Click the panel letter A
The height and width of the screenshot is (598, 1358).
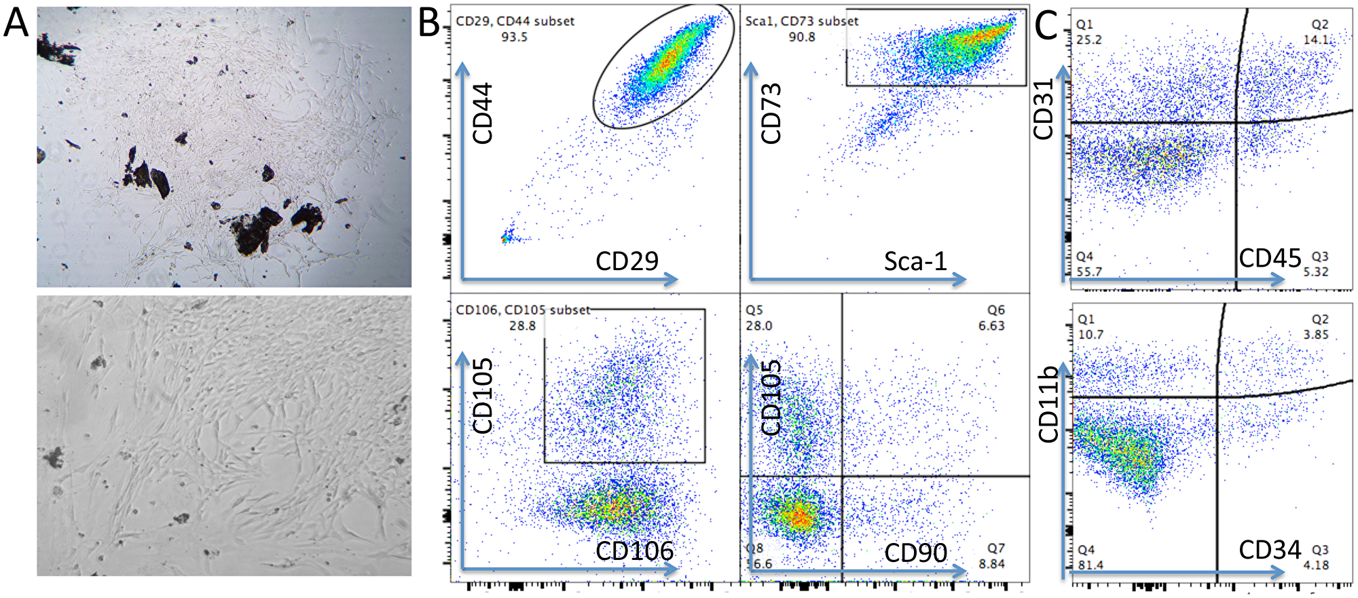click(x=16, y=23)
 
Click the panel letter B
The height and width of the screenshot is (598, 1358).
click(x=429, y=23)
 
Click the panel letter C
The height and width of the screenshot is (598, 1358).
click(x=1046, y=26)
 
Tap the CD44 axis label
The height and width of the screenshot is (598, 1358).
click(x=482, y=113)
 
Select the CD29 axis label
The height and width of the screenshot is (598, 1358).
click(x=627, y=261)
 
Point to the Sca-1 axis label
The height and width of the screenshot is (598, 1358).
click(x=915, y=261)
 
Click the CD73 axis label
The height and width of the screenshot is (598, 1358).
click(x=771, y=113)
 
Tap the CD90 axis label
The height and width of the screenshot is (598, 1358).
click(x=915, y=553)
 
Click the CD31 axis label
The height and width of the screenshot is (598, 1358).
click(x=1043, y=109)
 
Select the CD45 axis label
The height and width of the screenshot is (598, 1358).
click(x=1270, y=259)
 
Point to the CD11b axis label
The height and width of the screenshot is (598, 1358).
click(x=1048, y=405)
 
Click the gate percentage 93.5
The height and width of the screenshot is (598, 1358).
click(x=514, y=37)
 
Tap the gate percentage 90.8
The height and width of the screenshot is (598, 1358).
click(x=802, y=37)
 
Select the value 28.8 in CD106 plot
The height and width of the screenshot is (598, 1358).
click(x=522, y=326)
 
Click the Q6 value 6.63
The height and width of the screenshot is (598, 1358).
click(x=991, y=326)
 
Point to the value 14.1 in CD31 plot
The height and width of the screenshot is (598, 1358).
click(x=1316, y=40)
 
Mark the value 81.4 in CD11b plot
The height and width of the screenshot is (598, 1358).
click(x=1090, y=565)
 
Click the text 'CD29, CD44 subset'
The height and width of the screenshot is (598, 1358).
click(x=515, y=21)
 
